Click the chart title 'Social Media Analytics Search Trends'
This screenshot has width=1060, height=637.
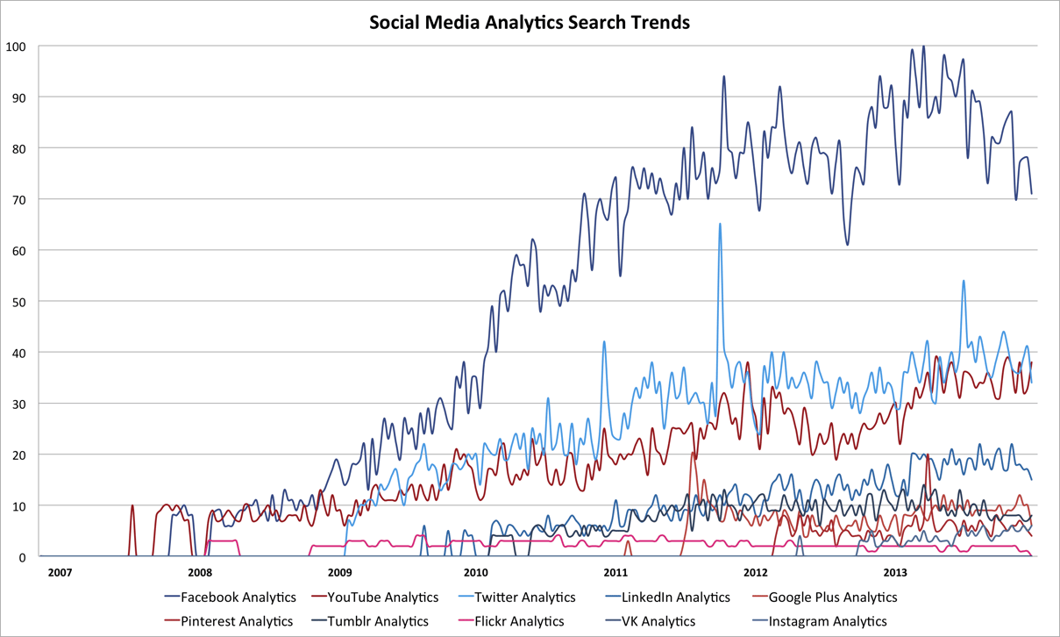pyautogui.click(x=530, y=22)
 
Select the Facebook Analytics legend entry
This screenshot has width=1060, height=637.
pyautogui.click(x=238, y=598)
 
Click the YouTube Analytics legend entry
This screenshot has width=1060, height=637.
pyautogui.click(x=382, y=598)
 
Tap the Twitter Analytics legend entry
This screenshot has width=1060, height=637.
pyautogui.click(x=524, y=598)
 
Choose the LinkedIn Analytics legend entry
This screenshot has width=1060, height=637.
pyautogui.click(x=675, y=598)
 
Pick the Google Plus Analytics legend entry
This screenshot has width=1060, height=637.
pyautogui.click(x=832, y=598)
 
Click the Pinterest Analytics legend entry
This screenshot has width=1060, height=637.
pyautogui.click(x=237, y=621)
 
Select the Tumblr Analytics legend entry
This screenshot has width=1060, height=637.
pyautogui.click(x=377, y=621)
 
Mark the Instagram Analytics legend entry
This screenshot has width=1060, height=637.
pyautogui.click(x=828, y=621)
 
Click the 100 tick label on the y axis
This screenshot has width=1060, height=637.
pyautogui.click(x=17, y=46)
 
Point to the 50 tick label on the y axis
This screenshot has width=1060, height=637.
pyautogui.click(x=19, y=302)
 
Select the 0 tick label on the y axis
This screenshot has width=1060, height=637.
pyautogui.click(x=22, y=557)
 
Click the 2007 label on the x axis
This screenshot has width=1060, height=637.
pyautogui.click(x=60, y=573)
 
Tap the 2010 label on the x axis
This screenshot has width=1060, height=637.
pyautogui.click(x=476, y=573)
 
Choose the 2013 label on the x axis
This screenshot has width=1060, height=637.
pyautogui.click(x=894, y=573)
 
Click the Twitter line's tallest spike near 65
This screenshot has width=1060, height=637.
pyautogui.click(x=720, y=224)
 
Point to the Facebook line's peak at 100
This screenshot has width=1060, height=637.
pyautogui.click(x=922, y=47)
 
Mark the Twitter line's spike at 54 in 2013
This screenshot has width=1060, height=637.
pyautogui.click(x=964, y=281)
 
